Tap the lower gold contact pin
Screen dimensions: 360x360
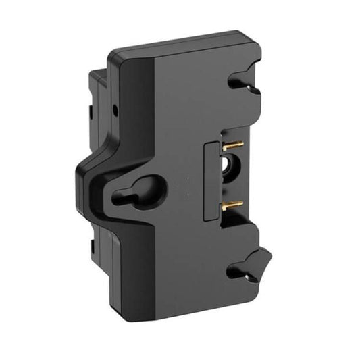(233, 203)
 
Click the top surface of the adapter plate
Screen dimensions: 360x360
(182, 41)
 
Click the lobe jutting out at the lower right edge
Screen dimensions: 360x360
(265, 256)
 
